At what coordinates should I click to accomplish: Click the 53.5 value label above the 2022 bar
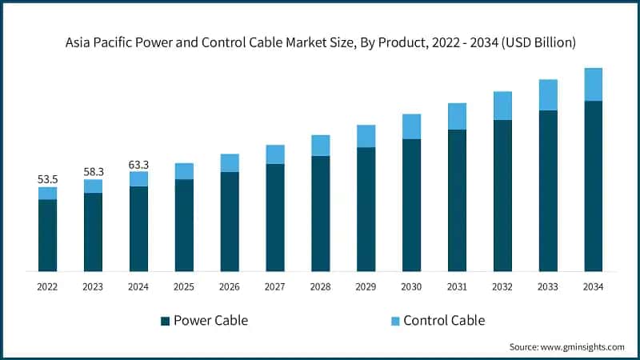tap(47, 180)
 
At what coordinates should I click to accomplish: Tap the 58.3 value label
tap(93, 172)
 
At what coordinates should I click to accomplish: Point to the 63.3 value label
tap(138, 165)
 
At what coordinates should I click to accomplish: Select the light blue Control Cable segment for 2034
tap(593, 84)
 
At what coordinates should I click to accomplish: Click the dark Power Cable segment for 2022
tap(47, 235)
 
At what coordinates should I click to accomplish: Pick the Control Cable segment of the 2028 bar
tap(320, 145)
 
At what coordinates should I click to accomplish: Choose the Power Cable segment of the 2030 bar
tap(411, 205)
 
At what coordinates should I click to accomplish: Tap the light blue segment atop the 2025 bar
tap(184, 171)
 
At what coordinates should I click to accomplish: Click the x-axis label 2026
tap(230, 286)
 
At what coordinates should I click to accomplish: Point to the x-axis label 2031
tap(457, 286)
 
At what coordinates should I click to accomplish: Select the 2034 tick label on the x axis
tap(593, 286)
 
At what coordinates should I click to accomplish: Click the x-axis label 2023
tap(93, 286)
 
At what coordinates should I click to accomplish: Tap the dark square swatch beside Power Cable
tap(165, 321)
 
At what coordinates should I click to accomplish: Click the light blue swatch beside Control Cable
tap(394, 321)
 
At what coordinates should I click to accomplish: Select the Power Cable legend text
tap(211, 321)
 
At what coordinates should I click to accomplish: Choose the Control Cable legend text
tap(444, 321)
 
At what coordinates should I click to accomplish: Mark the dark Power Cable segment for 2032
tap(502, 195)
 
